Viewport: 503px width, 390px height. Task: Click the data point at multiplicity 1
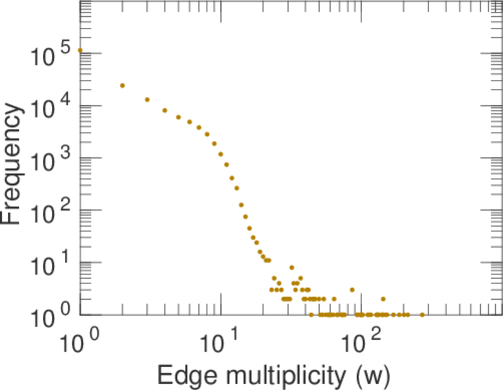pyautogui.click(x=80, y=50)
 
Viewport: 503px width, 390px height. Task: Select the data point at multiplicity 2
pyautogui.click(x=122, y=85)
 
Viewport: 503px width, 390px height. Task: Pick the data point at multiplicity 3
pyautogui.click(x=147, y=99)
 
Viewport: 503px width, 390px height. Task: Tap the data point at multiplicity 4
pyautogui.click(x=164, y=110)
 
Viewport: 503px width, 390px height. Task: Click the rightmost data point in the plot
pyautogui.click(x=422, y=315)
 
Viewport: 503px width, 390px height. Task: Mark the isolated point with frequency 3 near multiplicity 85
pyautogui.click(x=352, y=290)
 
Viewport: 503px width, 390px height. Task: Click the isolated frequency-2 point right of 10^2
pyautogui.click(x=383, y=299)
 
